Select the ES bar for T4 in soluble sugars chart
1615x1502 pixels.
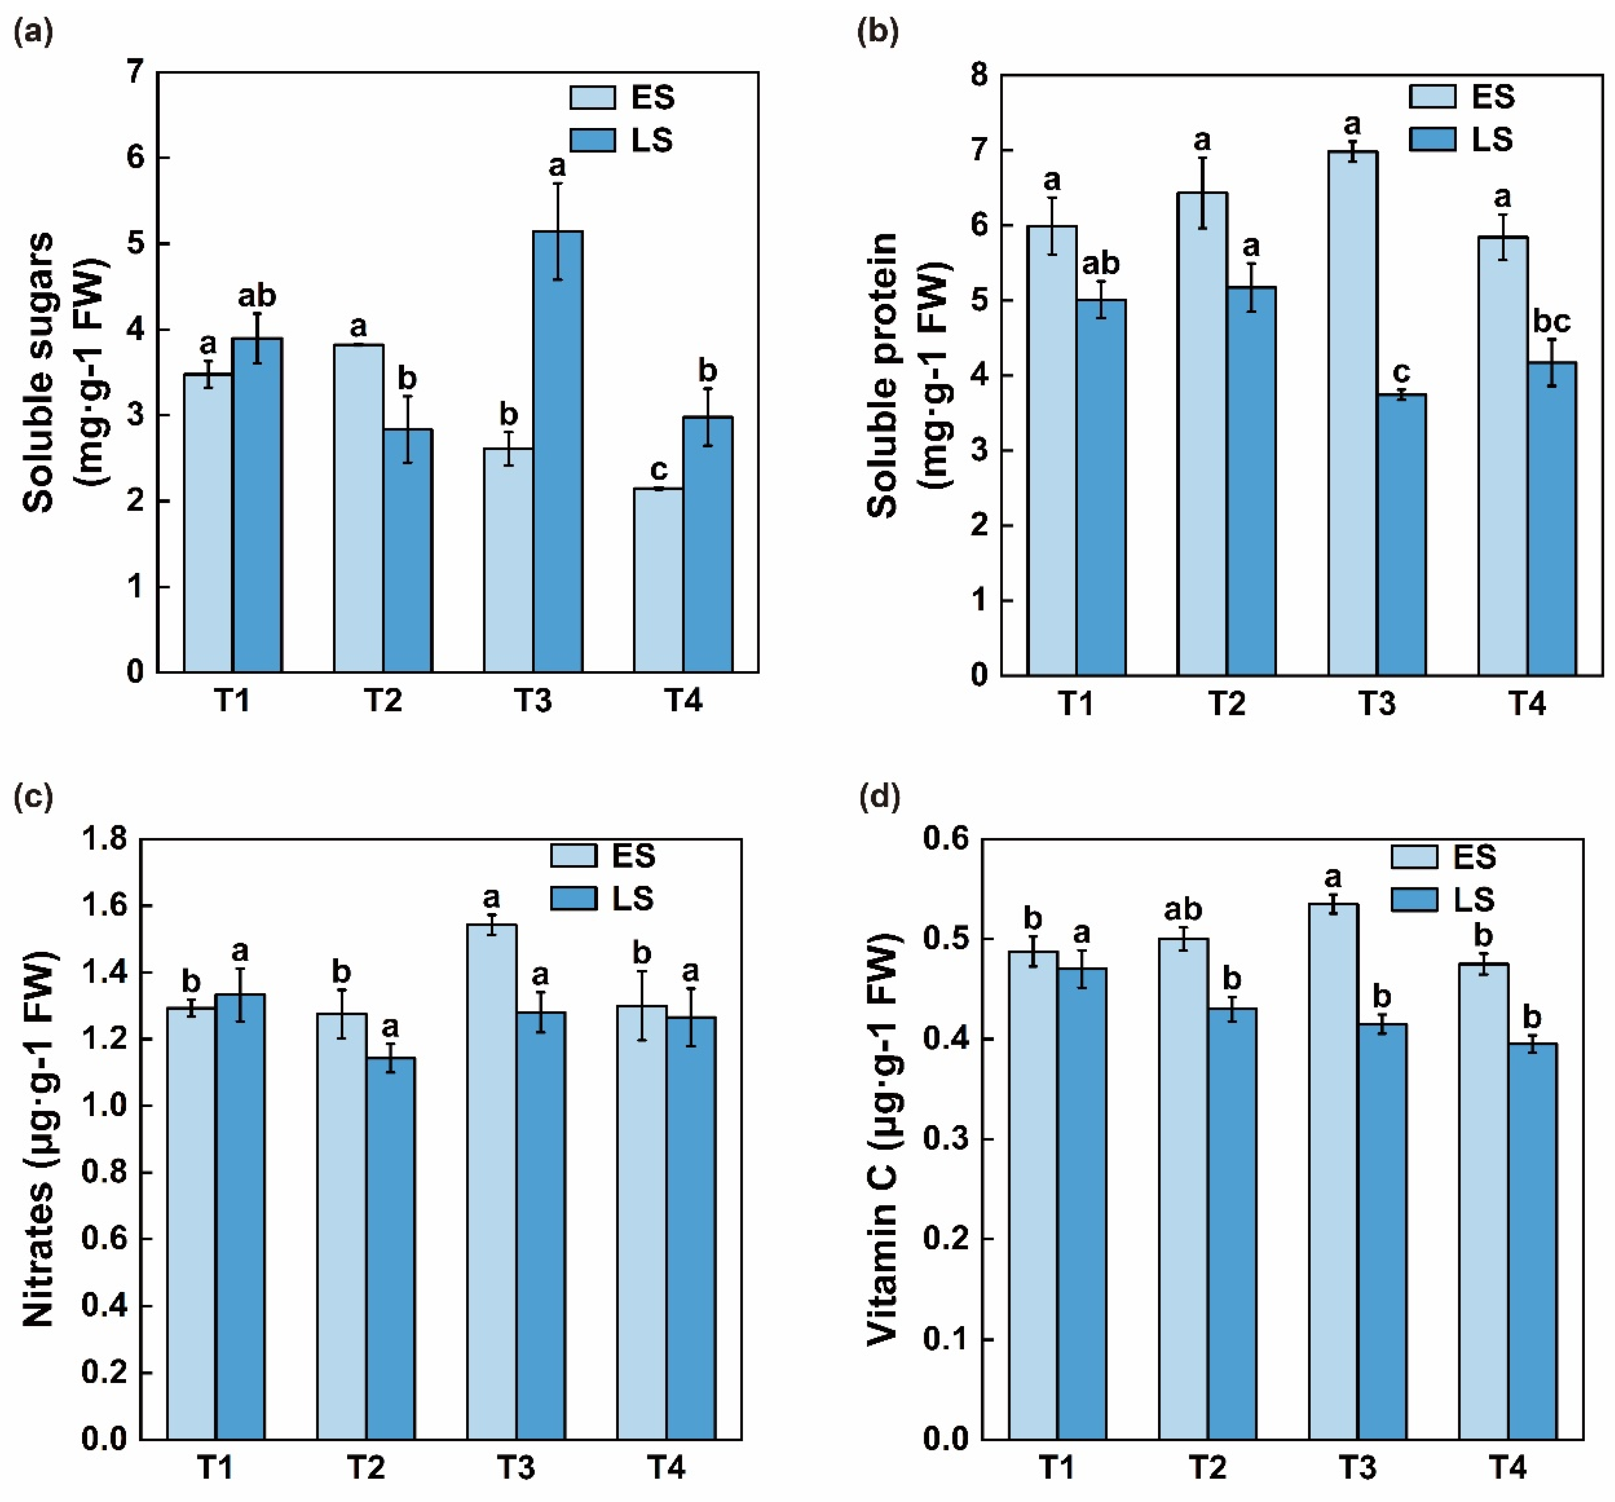pos(658,580)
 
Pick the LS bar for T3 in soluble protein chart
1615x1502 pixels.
pos(1401,535)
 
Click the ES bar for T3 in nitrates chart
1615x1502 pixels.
pos(491,1183)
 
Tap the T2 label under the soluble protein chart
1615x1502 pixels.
pos(1226,703)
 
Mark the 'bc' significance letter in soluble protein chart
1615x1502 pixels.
pos(1552,321)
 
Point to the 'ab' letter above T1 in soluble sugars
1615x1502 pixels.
pos(256,296)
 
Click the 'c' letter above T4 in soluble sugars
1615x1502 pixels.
pos(659,470)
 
